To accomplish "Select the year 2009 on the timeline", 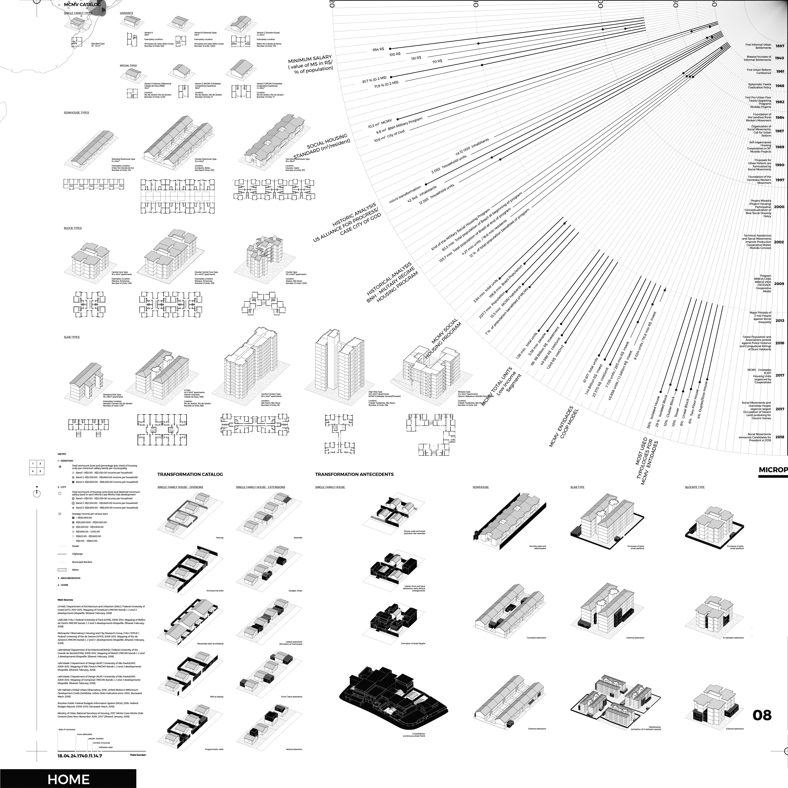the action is [779, 284].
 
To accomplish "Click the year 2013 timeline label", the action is [779, 321].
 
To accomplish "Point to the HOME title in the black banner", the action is [69, 779].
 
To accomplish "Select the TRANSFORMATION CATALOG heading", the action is [190, 474].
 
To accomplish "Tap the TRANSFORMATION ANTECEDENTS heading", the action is [354, 474].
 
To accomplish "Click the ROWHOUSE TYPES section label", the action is [76, 112].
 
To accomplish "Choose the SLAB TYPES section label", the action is [72, 337].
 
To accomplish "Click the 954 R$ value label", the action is [378, 49].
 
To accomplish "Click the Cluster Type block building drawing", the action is [265, 255].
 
